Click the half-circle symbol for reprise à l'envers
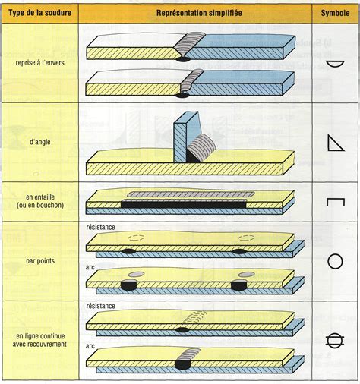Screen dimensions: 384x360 pyautogui.click(x=335, y=65)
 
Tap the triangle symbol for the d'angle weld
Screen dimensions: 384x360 pyautogui.click(x=334, y=142)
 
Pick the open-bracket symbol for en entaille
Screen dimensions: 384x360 pyautogui.click(x=335, y=202)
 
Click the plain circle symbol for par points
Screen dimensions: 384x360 pyautogui.click(x=335, y=263)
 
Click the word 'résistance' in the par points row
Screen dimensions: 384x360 pyautogui.click(x=100, y=227)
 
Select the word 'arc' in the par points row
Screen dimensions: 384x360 pyautogui.click(x=91, y=267)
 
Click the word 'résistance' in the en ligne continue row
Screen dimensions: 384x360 pyautogui.click(x=100, y=306)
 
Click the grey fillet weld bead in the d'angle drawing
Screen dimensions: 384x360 pyautogui.click(x=201, y=145)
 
